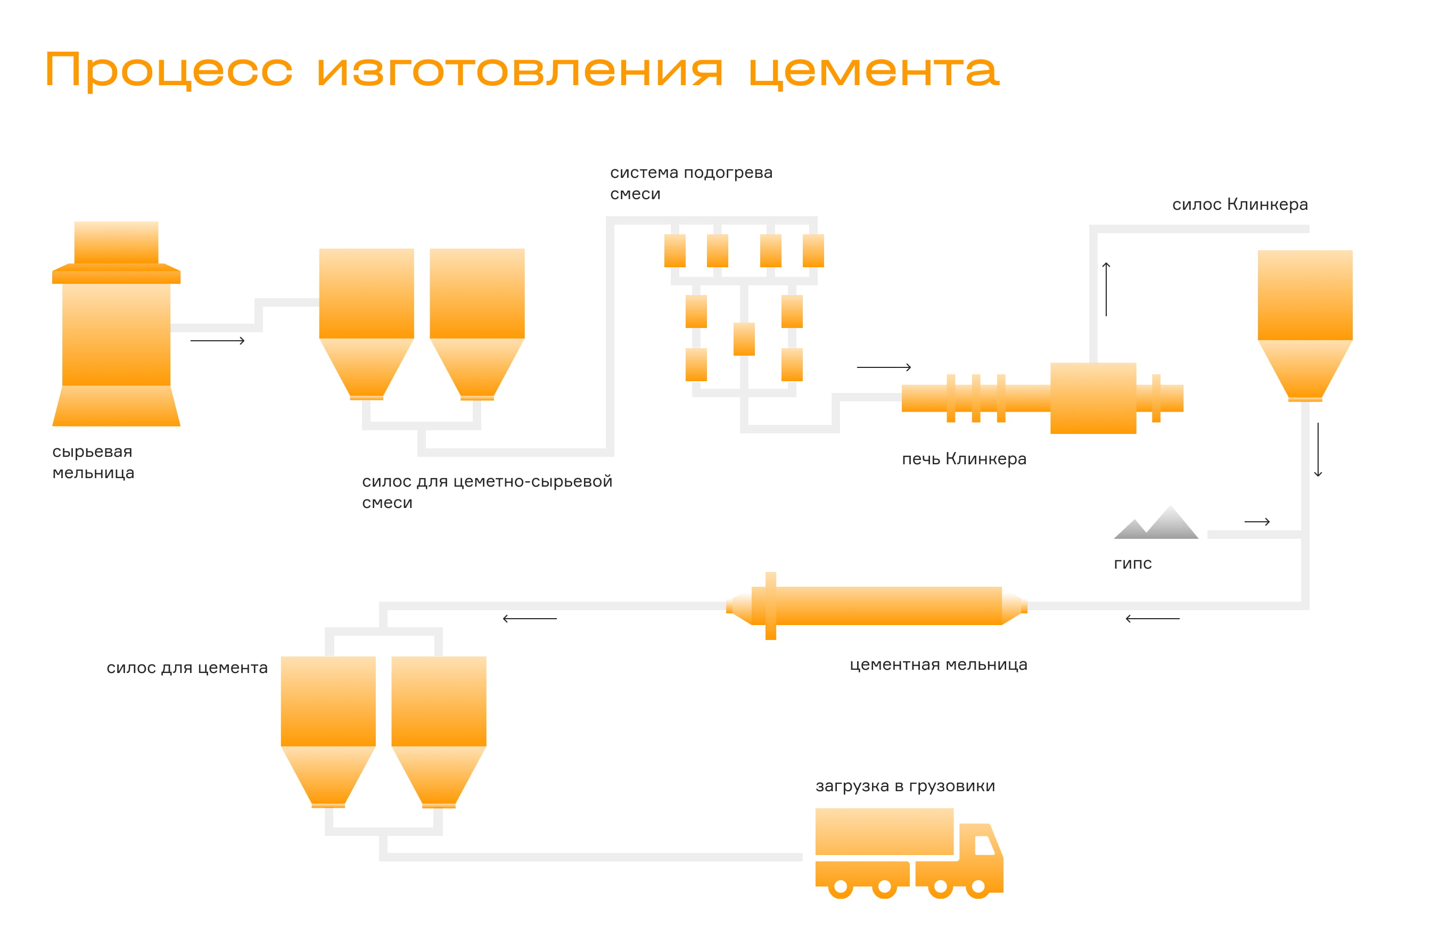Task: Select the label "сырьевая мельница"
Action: tap(93, 462)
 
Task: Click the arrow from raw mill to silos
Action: tap(217, 341)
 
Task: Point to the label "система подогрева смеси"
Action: tap(691, 183)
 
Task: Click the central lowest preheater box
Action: tap(744, 339)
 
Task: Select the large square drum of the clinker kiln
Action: tap(1093, 398)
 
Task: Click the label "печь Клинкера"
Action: tap(964, 459)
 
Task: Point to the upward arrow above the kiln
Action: tap(1106, 289)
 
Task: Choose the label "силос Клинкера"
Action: tap(1239, 204)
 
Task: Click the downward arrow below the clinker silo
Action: tap(1318, 450)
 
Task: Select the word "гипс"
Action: tap(1132, 564)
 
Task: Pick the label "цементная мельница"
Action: tap(938, 664)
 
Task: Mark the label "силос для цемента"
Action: tap(187, 668)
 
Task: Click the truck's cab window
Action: tap(983, 845)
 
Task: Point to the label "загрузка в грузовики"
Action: tap(904, 786)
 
